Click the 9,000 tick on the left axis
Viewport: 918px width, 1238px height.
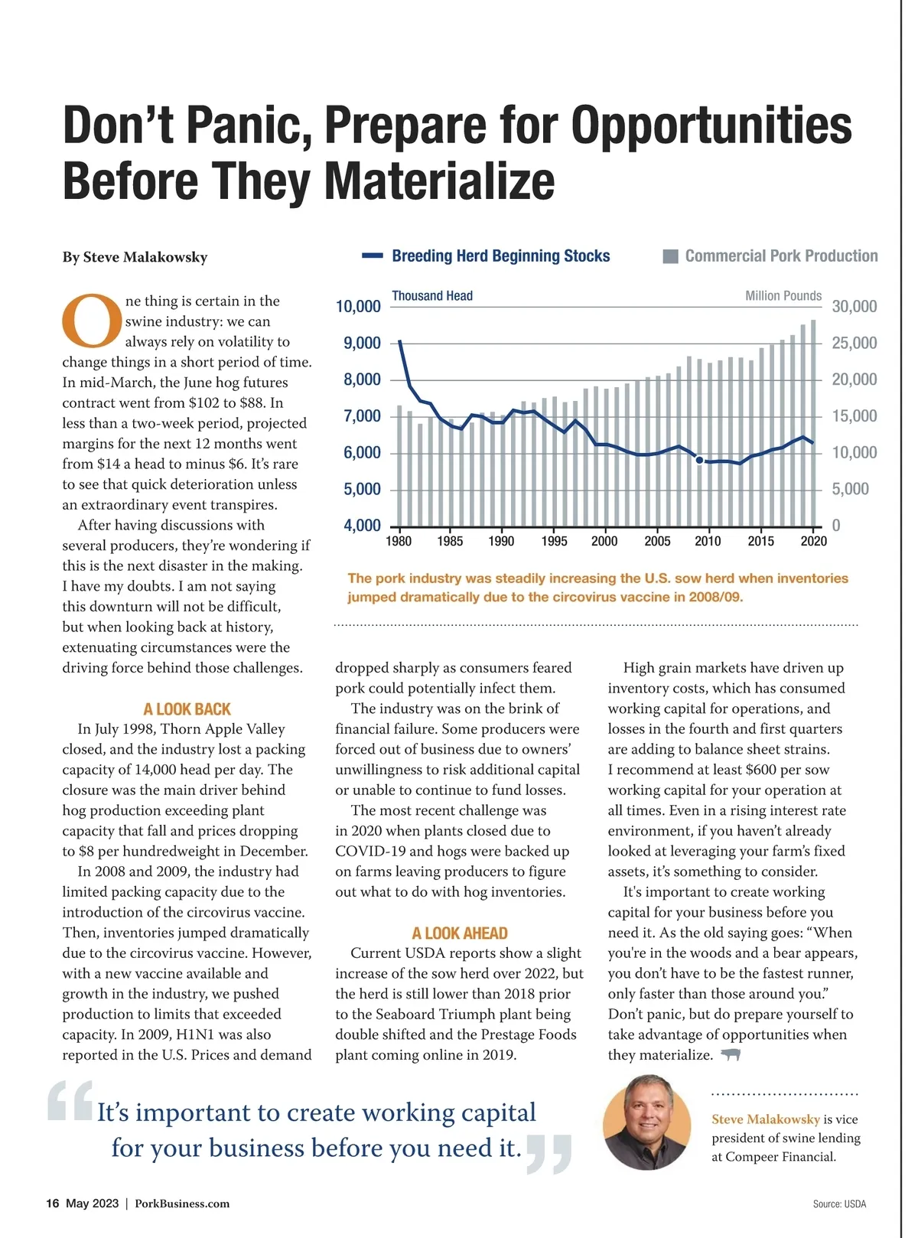[x=362, y=343]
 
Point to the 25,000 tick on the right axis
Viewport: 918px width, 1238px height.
[x=854, y=343]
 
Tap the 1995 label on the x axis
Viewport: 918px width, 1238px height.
[x=554, y=542]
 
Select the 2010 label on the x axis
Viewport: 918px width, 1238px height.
[x=708, y=542]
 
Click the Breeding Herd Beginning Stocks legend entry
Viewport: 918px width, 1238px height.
[x=500, y=256]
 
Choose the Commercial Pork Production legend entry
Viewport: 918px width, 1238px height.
[x=780, y=256]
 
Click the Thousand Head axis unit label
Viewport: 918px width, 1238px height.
[x=432, y=296]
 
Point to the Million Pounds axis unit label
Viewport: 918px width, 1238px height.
[x=783, y=296]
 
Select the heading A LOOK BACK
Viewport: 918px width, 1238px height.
[x=187, y=709]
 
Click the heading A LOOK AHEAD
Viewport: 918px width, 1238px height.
[x=459, y=933]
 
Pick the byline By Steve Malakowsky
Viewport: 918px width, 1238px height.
[x=135, y=257]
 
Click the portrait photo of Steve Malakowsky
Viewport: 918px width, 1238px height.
[x=646, y=1122]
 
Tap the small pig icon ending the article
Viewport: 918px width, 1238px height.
[x=731, y=1055]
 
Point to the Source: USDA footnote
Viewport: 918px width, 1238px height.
[x=839, y=1204]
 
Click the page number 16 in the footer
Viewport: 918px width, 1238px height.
[x=52, y=1204]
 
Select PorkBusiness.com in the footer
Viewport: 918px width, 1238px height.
[x=182, y=1204]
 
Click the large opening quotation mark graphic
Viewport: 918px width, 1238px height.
[x=70, y=1101]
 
